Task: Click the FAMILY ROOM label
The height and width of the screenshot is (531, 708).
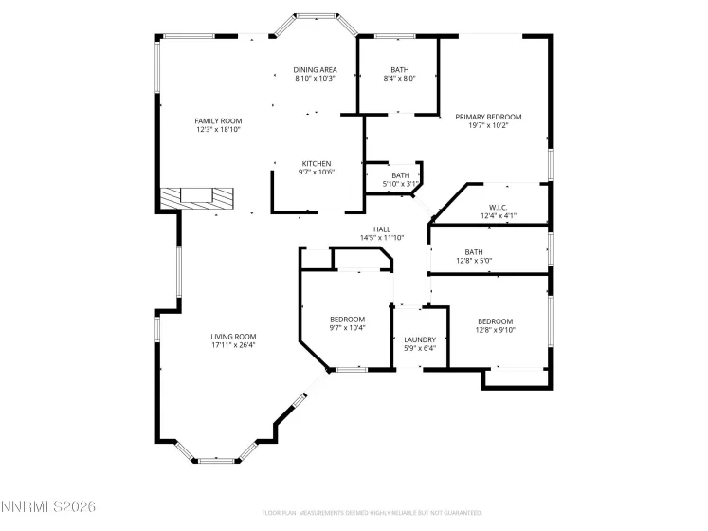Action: click(x=218, y=120)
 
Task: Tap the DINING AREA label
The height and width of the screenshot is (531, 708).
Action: click(x=315, y=69)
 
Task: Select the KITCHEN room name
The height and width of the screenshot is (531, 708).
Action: click(x=316, y=163)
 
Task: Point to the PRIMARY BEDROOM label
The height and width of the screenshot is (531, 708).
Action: click(x=488, y=117)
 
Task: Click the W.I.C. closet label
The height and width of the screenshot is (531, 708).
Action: click(x=499, y=207)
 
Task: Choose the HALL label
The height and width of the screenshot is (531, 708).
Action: click(x=381, y=229)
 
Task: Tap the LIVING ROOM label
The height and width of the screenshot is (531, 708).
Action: click(x=233, y=337)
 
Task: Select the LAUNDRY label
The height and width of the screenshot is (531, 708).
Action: click(x=419, y=339)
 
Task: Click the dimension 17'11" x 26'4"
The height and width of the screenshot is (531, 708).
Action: click(x=233, y=345)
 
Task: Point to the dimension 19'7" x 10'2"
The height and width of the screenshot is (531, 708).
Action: click(x=488, y=125)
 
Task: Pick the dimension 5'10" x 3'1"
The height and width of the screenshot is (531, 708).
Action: click(x=400, y=183)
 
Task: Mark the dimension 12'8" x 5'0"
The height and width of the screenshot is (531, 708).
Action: click(x=474, y=261)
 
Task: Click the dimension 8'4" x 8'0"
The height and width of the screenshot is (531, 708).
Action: click(x=399, y=79)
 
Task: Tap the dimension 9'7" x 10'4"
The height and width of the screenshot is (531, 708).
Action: click(x=347, y=328)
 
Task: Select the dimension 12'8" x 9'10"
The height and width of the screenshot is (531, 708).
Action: click(x=495, y=330)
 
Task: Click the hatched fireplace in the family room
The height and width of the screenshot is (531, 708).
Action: click(x=195, y=197)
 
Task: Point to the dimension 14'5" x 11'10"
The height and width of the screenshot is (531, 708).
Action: click(x=381, y=237)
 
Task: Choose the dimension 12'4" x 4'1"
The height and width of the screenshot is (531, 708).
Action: click(x=499, y=215)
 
